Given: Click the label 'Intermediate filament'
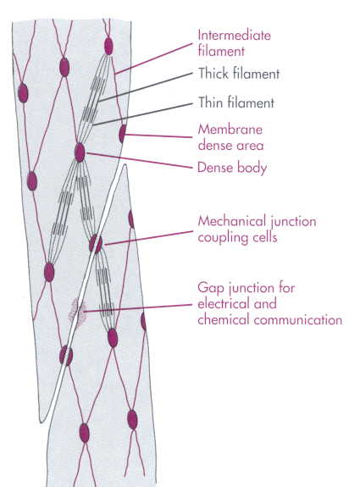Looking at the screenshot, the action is tap(234, 43).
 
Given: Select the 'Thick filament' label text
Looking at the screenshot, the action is tap(239, 74).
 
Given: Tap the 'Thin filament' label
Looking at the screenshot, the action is tap(236, 102).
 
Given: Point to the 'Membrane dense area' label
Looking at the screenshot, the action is tap(230, 137).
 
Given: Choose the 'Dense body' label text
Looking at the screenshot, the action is tap(232, 168).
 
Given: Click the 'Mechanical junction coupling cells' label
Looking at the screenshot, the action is tap(258, 230).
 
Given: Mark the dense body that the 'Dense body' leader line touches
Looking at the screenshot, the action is tap(80, 152).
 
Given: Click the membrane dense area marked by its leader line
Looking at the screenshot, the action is tap(123, 134).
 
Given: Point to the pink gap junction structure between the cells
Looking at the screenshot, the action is tap(77, 312).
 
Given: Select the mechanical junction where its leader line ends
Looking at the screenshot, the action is tap(96, 244).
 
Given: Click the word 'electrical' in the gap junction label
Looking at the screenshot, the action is tap(224, 303).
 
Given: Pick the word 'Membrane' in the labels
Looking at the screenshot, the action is tap(230, 130).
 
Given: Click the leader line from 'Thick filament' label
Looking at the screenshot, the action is tap(145, 87).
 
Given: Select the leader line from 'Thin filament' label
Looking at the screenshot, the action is tap(142, 114).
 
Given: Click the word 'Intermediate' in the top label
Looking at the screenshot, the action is tap(234, 35).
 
